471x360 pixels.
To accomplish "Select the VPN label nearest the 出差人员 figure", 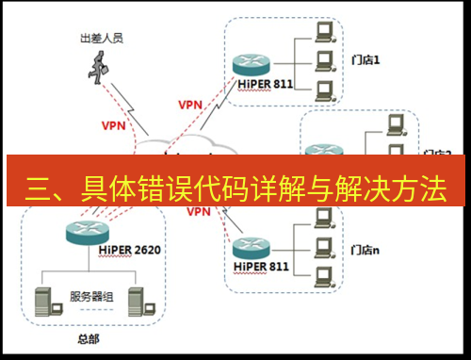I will coord(113,123).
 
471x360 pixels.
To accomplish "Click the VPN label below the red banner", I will coord(198,212).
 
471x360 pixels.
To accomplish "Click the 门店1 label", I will coord(365,60).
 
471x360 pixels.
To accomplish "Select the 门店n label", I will coord(365,250).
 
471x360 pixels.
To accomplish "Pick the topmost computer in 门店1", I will coord(325,32).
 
